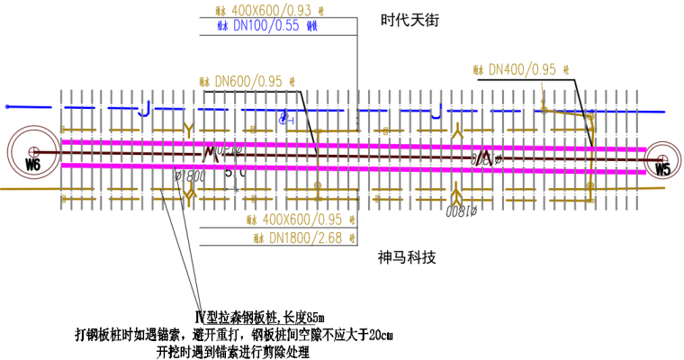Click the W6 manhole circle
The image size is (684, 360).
click(31, 154)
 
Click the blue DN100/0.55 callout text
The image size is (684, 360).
click(267, 27)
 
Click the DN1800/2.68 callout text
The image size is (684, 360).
click(302, 238)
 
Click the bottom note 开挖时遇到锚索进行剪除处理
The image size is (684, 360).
click(233, 351)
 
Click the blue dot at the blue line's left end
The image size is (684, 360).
click(7, 107)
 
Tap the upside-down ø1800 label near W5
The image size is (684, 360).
click(460, 211)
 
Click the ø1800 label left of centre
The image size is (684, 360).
click(191, 176)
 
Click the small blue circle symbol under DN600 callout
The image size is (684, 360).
click(283, 118)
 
